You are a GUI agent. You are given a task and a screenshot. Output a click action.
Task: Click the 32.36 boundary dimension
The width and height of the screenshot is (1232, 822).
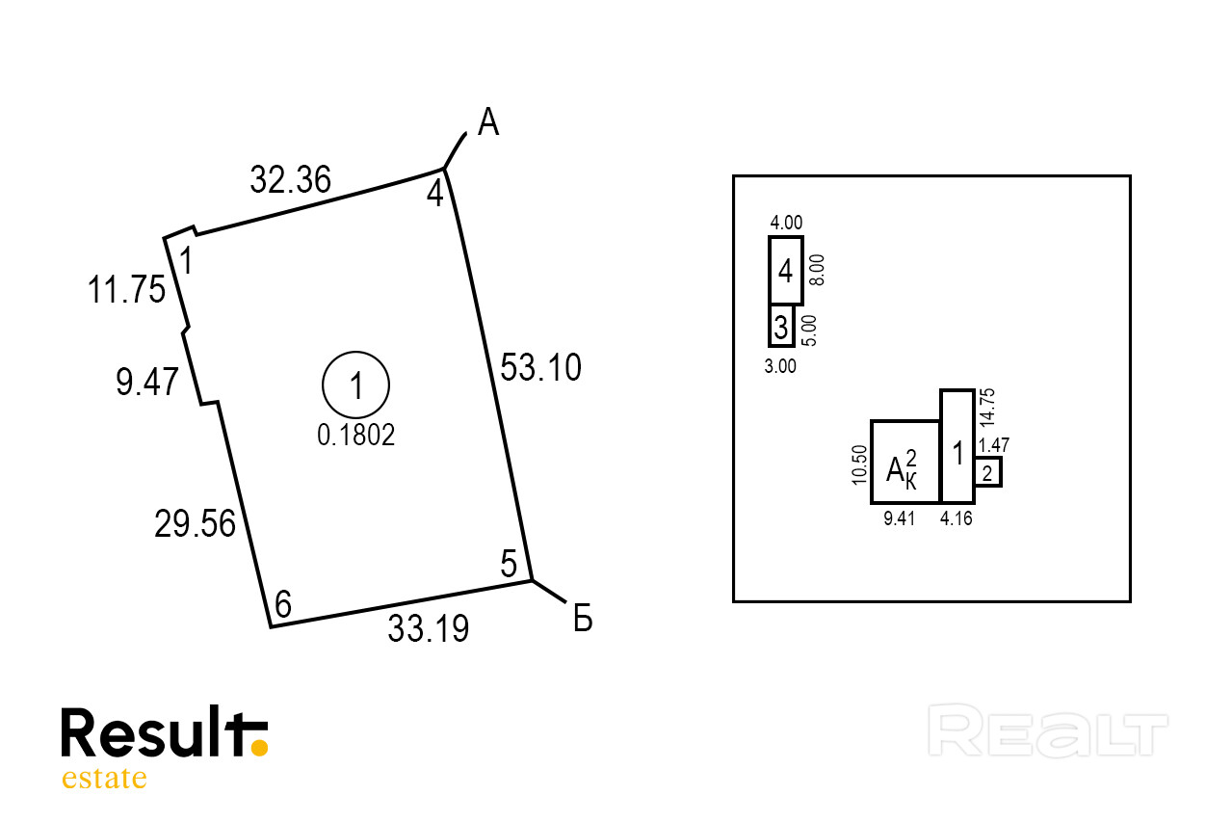pyautogui.click(x=290, y=179)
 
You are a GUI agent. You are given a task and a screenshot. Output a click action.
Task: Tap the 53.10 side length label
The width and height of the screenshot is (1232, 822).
pyautogui.click(x=540, y=367)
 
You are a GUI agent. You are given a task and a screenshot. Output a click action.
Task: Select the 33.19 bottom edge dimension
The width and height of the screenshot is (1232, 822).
pyautogui.click(x=429, y=628)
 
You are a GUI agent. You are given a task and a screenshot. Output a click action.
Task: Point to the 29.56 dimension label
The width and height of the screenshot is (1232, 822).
pyautogui.click(x=195, y=523)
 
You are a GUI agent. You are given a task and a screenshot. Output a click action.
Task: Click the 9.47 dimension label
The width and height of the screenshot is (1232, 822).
pyautogui.click(x=147, y=382)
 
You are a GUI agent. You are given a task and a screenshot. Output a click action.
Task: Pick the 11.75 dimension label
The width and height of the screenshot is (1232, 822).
pyautogui.click(x=126, y=289)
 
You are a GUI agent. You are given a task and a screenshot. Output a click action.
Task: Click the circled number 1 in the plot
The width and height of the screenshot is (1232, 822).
pyautogui.click(x=355, y=384)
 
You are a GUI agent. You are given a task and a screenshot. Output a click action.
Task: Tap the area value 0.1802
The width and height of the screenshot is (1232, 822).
pyautogui.click(x=355, y=436)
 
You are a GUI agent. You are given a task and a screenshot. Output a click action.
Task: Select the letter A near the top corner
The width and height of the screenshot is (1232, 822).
pyautogui.click(x=488, y=122)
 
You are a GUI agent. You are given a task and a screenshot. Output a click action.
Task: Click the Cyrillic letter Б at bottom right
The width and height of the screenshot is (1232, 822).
pyautogui.click(x=583, y=619)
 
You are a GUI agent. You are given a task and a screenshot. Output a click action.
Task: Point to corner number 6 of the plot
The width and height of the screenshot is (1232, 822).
pyautogui.click(x=282, y=603)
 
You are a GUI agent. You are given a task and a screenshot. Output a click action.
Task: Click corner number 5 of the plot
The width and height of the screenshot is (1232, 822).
pyautogui.click(x=509, y=564)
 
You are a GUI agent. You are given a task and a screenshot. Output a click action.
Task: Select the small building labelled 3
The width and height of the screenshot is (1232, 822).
pyautogui.click(x=781, y=327)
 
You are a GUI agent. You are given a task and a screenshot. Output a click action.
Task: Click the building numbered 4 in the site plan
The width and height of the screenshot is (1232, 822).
pyautogui.click(x=786, y=271)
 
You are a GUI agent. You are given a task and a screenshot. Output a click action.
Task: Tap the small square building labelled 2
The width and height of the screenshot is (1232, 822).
pyautogui.click(x=987, y=472)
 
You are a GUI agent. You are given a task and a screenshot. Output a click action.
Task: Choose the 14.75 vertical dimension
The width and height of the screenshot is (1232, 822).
pyautogui.click(x=987, y=408)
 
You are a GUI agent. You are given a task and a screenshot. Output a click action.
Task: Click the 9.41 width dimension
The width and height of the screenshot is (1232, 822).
pyautogui.click(x=900, y=518)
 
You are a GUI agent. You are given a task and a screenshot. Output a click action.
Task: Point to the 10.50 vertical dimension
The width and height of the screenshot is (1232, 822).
pyautogui.click(x=859, y=464)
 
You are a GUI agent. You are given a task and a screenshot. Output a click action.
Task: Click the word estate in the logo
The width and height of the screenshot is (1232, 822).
pyautogui.click(x=104, y=778)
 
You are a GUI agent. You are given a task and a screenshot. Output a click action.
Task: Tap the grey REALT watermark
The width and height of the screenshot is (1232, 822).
pyautogui.click(x=1048, y=730)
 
